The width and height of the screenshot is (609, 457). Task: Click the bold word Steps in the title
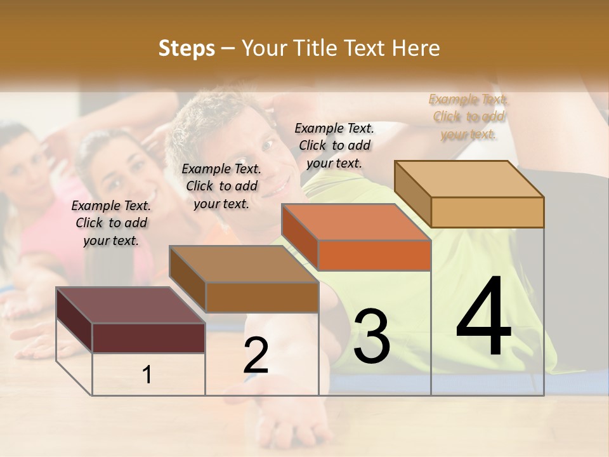186,48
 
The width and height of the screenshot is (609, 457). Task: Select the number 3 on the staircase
371,336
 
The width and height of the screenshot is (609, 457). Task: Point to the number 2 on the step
256,355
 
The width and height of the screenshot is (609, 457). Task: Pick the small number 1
147,375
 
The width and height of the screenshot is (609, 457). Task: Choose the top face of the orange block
355,222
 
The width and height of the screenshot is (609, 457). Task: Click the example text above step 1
111,223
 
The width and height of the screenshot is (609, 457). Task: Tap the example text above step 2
221,186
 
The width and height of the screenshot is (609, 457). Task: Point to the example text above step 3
334,145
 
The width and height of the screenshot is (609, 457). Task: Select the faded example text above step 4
468,116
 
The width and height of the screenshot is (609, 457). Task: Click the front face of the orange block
374,256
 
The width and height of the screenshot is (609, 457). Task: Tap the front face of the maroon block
148,338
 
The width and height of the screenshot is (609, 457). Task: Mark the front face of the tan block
487,212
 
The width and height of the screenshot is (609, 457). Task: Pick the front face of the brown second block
262,297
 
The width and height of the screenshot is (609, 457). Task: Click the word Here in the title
418,48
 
